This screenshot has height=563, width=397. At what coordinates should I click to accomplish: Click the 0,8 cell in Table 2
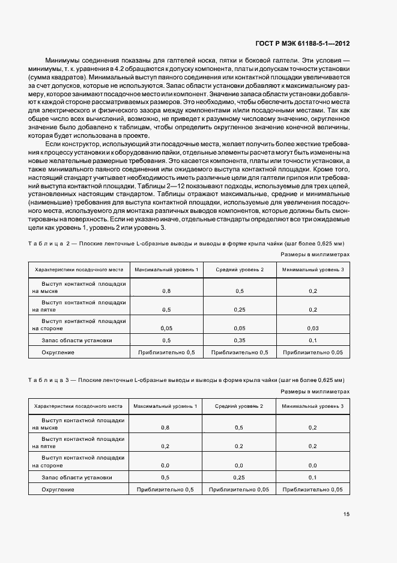166,291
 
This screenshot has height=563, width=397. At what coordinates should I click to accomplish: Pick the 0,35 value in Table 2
239,340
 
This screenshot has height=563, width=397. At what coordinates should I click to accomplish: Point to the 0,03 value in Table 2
312,329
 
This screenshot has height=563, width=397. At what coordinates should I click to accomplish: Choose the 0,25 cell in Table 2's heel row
239,310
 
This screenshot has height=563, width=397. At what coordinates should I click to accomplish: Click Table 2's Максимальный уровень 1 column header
166,269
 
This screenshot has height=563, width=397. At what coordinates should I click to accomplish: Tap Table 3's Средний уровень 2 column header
239,407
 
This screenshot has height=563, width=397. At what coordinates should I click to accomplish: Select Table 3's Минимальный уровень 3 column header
312,407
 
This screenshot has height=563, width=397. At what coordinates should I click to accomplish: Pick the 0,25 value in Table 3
239,478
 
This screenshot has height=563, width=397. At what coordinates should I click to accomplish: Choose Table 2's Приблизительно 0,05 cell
312,352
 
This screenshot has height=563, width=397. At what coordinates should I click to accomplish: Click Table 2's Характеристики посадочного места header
79,269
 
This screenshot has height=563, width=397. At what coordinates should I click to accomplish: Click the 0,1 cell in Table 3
312,478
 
